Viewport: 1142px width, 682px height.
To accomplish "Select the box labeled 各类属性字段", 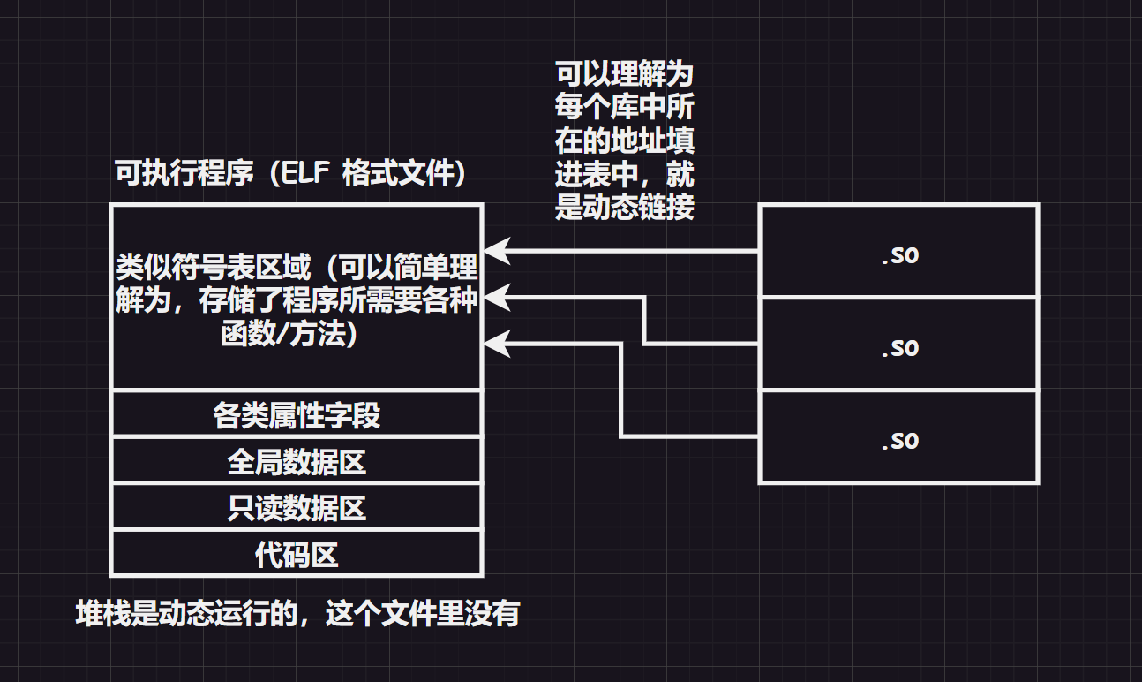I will [x=297, y=414].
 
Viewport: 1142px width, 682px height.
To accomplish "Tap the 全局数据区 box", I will [x=297, y=461].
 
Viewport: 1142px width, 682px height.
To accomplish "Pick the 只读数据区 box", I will [x=297, y=508].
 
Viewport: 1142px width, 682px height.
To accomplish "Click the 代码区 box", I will [x=297, y=555].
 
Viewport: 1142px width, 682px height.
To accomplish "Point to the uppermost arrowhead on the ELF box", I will [x=497, y=252].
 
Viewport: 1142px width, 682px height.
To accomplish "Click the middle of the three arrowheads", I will [x=497, y=298].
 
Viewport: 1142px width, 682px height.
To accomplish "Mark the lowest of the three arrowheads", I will [x=497, y=344].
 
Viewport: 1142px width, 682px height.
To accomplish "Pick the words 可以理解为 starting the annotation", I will [x=625, y=74].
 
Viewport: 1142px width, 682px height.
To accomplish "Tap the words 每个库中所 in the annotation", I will [x=625, y=108].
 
